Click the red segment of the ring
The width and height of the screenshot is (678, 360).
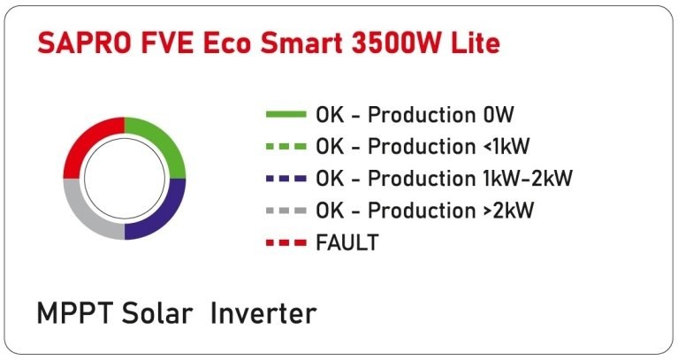(87, 141)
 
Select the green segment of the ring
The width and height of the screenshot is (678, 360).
(162, 141)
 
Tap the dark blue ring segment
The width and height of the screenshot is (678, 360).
(162, 216)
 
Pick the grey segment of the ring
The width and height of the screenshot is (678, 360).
(87, 216)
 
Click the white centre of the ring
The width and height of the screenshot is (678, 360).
(125, 179)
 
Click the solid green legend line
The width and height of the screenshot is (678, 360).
(286, 115)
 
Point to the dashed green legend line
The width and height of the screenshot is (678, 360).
(286, 146)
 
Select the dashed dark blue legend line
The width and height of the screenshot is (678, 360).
(286, 179)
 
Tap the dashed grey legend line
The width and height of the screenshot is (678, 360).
(286, 211)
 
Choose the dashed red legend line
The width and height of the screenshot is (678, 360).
(286, 242)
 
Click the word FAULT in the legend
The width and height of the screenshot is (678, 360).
(347, 242)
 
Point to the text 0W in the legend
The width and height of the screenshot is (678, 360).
(499, 115)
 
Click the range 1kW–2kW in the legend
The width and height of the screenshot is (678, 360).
(528, 179)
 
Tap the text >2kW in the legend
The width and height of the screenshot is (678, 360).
(508, 211)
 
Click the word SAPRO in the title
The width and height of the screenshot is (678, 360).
(84, 43)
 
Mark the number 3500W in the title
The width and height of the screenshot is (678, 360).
(397, 43)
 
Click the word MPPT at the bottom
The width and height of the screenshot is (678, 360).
(75, 313)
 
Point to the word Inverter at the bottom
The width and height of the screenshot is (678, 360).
(263, 313)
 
